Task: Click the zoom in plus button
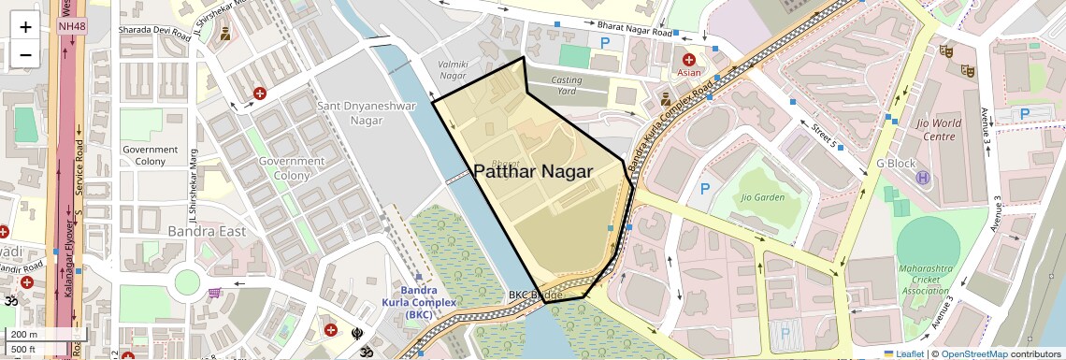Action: (x=25, y=26)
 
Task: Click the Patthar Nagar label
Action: (x=533, y=171)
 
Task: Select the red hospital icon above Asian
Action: (x=689, y=59)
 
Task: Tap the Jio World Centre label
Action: (x=925, y=129)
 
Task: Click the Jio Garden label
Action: (x=762, y=197)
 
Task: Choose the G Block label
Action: (x=896, y=163)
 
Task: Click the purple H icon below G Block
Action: (x=923, y=178)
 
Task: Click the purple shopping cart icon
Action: (x=215, y=293)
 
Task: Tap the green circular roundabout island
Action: (x=187, y=281)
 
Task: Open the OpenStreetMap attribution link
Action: (x=974, y=353)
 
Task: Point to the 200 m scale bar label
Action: (x=24, y=335)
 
